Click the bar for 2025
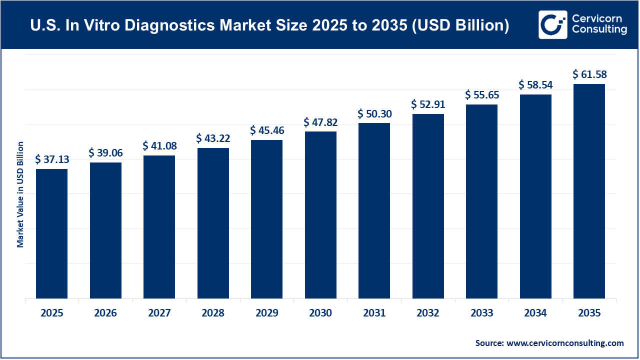51,234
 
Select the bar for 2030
320,215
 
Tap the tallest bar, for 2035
589,191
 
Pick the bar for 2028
213,223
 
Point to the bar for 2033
481,201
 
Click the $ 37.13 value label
52,159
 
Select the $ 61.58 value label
589,75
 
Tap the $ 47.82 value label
320,122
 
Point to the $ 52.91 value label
428,104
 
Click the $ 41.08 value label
159,146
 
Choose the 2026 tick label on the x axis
105,313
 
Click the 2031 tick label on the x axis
374,313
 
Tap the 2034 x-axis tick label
535,313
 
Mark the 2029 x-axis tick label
266,313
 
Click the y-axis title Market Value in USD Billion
20,194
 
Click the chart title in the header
270,25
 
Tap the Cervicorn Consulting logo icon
552,24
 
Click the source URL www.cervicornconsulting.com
565,343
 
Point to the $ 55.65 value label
481,95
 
